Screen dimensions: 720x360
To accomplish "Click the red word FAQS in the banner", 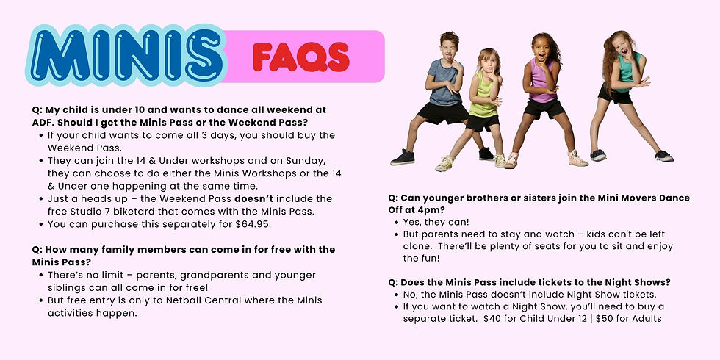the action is [x=301, y=57].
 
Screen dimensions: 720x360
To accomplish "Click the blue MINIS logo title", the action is [x=126, y=56].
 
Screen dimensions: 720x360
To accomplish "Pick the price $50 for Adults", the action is [x=629, y=319].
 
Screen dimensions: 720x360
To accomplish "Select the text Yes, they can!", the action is [x=436, y=222].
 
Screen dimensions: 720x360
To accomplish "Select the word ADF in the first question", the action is [x=42, y=123].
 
